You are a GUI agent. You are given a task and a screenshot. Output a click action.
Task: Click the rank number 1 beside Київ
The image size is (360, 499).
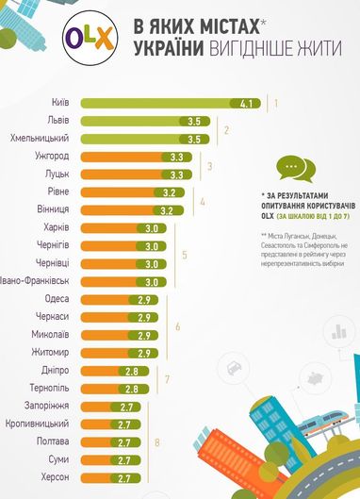(275, 103)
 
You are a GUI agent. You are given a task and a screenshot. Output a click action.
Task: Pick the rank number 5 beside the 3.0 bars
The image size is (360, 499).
(185, 255)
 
